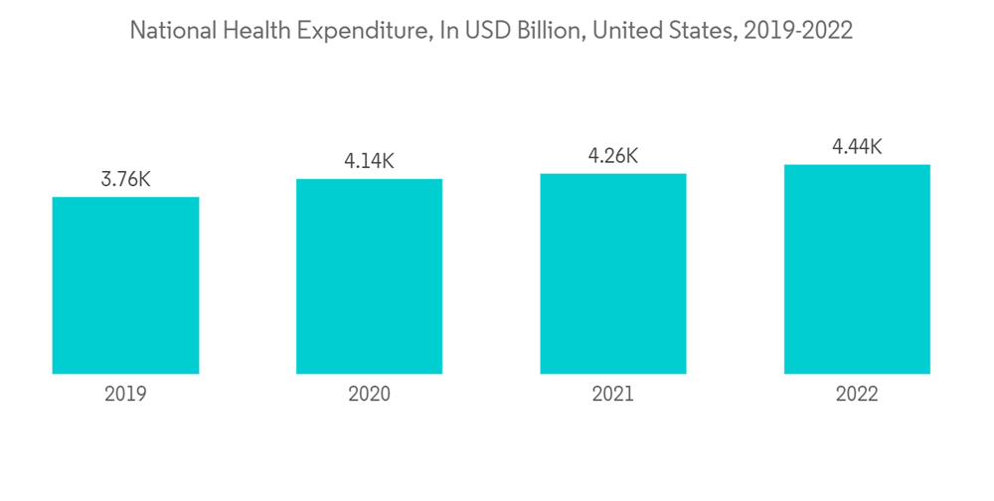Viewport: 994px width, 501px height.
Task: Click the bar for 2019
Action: click(x=125, y=285)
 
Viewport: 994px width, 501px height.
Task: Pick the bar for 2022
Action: click(x=857, y=269)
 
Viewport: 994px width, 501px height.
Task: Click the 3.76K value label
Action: click(x=125, y=180)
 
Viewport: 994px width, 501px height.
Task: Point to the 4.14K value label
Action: click(x=369, y=161)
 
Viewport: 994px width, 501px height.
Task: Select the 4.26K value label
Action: click(x=613, y=156)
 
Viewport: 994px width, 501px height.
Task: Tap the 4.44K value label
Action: click(x=857, y=147)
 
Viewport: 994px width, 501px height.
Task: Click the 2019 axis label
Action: click(x=125, y=395)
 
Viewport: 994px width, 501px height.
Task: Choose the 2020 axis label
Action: click(x=369, y=395)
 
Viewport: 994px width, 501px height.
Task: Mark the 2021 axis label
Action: click(x=613, y=395)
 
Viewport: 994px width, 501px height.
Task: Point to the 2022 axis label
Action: click(x=857, y=395)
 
